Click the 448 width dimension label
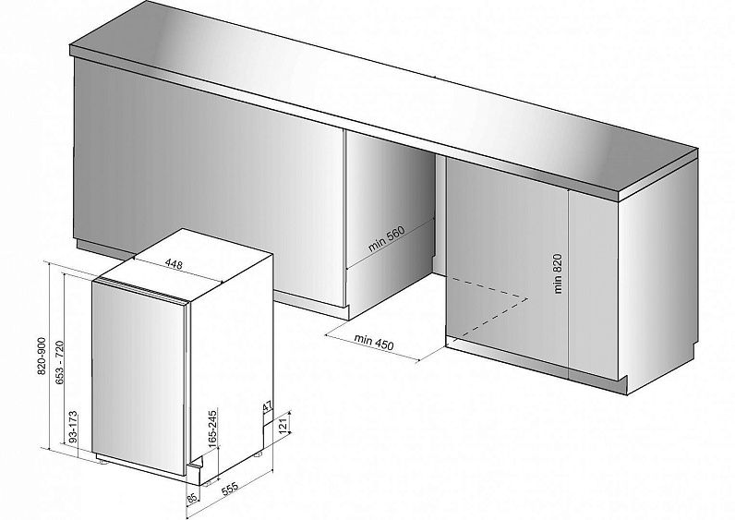(x=174, y=264)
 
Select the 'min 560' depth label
(x=386, y=238)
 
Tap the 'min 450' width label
(x=374, y=342)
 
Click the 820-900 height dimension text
(x=42, y=356)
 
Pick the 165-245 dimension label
(x=212, y=428)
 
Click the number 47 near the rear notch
(x=267, y=406)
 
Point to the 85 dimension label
(x=192, y=498)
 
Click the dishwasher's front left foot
(x=102, y=462)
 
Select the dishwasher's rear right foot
(x=258, y=453)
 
